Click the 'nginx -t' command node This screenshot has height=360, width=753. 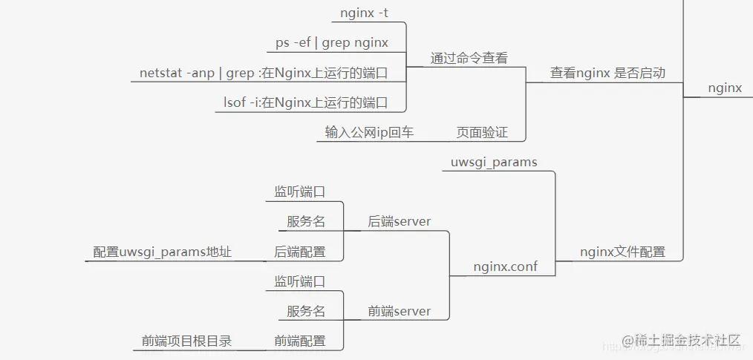point(364,13)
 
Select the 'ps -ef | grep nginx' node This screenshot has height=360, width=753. point(332,43)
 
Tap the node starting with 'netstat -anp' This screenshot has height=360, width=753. point(273,73)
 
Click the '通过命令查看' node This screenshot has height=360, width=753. point(469,59)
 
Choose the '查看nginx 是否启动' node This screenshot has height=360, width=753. point(607,73)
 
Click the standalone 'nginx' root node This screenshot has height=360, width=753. point(725,88)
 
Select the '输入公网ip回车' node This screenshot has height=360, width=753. point(369,133)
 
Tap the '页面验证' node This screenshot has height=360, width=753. point(482,133)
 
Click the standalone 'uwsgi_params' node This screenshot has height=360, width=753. point(494,162)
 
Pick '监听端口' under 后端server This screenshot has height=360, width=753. point(300,192)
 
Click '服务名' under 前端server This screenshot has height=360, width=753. point(306,312)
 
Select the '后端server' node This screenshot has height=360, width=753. point(400,222)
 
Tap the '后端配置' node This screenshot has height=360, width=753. point(300,252)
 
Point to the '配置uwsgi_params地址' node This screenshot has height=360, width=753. point(163,252)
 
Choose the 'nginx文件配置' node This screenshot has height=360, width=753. point(622,252)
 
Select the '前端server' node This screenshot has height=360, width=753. point(400,312)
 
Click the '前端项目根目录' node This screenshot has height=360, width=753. point(186,341)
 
